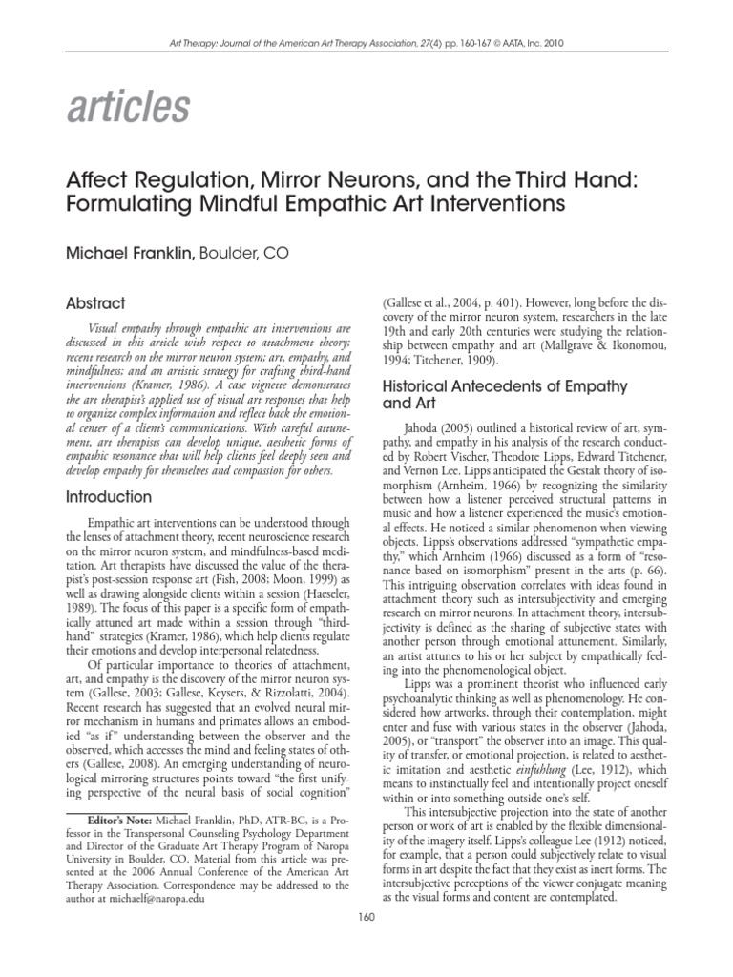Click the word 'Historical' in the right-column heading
[x=417, y=386]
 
